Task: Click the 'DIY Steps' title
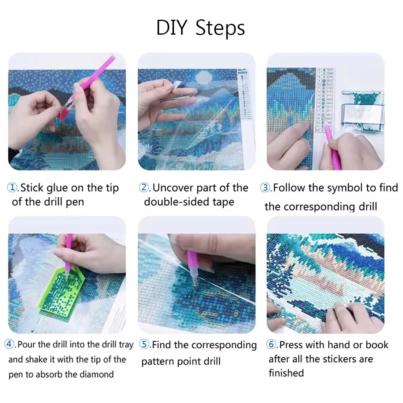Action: click(x=200, y=28)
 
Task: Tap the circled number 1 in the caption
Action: click(x=13, y=188)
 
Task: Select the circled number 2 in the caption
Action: click(x=144, y=188)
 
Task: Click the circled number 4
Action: click(x=10, y=345)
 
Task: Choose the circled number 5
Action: click(x=144, y=345)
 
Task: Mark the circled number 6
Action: click(x=271, y=345)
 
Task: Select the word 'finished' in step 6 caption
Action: click(x=286, y=373)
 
